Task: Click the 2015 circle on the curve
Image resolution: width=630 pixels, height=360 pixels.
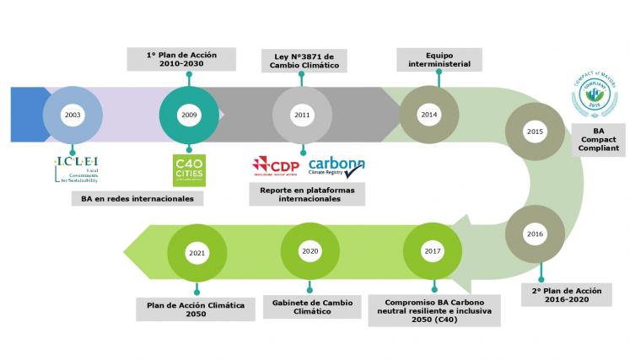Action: click(534, 132)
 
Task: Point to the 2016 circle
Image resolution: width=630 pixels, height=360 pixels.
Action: click(534, 233)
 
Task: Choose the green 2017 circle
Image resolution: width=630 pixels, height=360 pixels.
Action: click(433, 251)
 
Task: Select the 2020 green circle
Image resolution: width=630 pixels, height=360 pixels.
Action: click(310, 251)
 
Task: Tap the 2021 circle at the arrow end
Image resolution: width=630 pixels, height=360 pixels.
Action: click(197, 251)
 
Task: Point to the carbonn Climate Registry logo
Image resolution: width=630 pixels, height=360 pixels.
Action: click(337, 165)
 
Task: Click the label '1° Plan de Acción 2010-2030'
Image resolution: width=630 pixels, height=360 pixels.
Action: click(181, 60)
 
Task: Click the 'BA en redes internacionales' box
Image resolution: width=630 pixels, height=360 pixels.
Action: click(132, 198)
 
